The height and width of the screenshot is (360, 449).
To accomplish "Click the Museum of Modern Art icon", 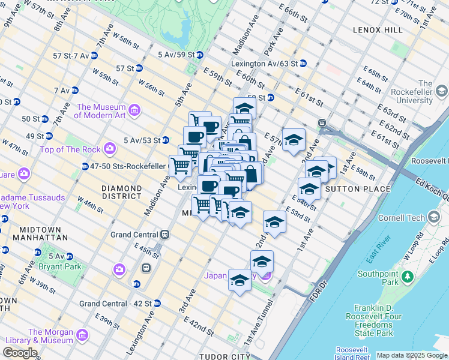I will coord(134,110).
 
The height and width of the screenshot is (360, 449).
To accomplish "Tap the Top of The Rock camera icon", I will coord(109,148).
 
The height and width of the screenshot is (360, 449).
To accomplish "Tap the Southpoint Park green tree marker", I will coord(408,277).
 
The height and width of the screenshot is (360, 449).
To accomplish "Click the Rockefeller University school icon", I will coord(442,91).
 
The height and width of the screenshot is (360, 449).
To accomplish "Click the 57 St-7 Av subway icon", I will coord(94,56).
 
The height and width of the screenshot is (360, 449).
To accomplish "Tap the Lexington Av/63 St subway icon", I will coord(303,63).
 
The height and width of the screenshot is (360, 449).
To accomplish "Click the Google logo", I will coord(20,353).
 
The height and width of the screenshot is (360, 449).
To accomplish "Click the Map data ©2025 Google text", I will coord(412,355).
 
